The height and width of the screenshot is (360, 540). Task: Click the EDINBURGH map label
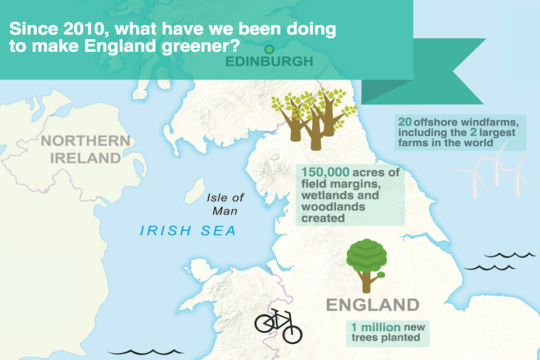268,61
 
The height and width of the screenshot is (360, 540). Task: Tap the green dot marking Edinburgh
269,49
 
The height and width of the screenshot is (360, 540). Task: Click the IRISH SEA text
188,231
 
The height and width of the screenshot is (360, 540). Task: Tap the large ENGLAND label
373,305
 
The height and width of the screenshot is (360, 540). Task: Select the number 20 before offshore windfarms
404,121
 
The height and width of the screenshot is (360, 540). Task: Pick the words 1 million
376,327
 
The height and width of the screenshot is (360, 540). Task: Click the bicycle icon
278,326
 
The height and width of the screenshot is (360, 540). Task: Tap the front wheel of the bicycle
292,333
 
